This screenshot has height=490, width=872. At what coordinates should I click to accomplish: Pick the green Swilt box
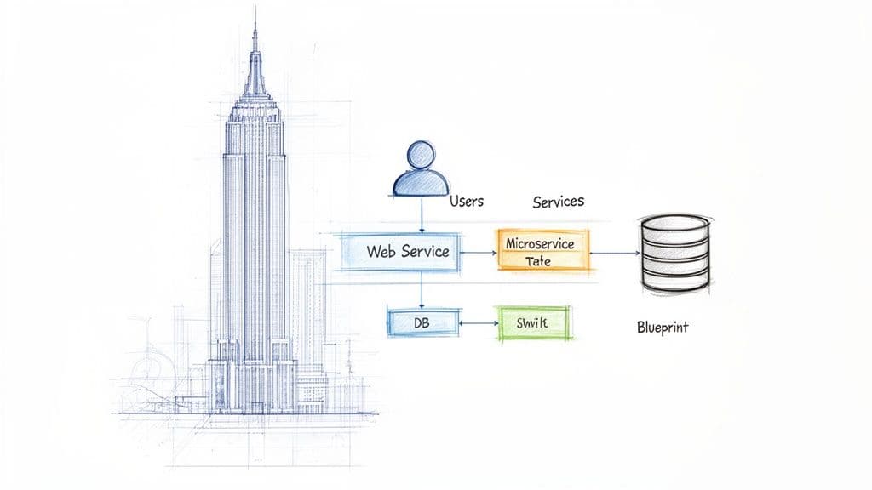click(x=532, y=324)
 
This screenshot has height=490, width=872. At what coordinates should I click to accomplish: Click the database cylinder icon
click(x=674, y=252)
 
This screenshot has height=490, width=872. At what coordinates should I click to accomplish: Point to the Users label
click(x=468, y=202)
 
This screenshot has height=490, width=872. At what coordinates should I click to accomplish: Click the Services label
click(x=558, y=202)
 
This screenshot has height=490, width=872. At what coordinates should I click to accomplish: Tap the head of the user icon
click(x=422, y=156)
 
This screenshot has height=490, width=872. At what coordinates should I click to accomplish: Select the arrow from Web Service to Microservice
click(x=478, y=252)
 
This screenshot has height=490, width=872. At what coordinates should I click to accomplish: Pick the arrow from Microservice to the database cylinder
click(x=614, y=253)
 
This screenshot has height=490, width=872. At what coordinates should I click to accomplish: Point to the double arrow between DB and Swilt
click(x=476, y=324)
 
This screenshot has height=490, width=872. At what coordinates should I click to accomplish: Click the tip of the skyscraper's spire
click(x=254, y=10)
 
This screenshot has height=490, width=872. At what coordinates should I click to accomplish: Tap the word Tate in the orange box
click(x=539, y=262)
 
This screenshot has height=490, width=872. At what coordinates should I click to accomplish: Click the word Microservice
click(x=540, y=243)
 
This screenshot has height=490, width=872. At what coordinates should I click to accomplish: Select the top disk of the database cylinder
click(x=674, y=226)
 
